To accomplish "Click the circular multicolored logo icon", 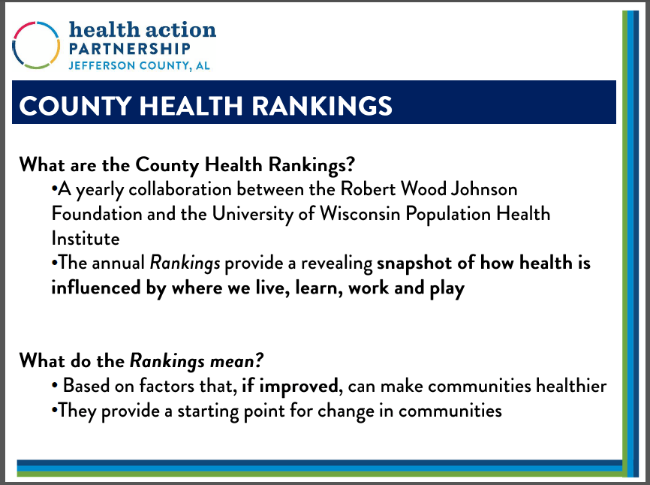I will [x=36, y=45].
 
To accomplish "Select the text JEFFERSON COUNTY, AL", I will [x=139, y=65].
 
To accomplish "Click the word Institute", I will [x=85, y=239].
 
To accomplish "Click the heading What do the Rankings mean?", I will [x=142, y=360].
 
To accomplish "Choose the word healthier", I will [x=570, y=386].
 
